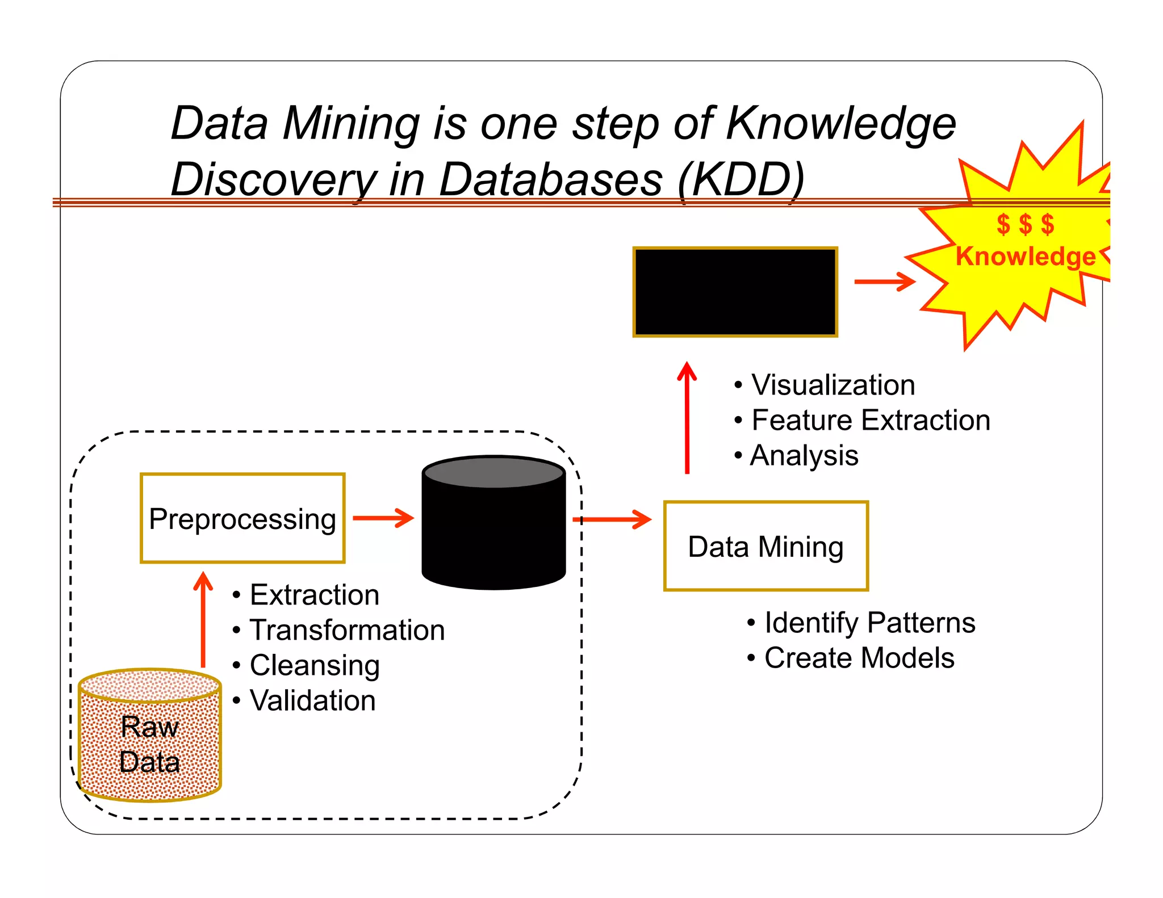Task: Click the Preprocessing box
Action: (x=242, y=518)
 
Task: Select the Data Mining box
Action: (x=765, y=546)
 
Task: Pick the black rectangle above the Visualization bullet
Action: (x=735, y=292)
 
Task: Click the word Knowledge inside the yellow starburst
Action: (x=1025, y=257)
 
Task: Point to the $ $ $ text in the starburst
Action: (x=1025, y=224)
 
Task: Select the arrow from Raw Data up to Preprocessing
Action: (x=203, y=619)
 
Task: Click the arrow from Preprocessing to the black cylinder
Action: (x=383, y=518)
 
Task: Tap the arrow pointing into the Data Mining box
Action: (x=613, y=519)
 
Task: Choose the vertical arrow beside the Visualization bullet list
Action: (x=687, y=417)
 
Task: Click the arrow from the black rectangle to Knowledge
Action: (x=885, y=282)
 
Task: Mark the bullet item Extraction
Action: (x=314, y=595)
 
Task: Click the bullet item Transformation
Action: (x=347, y=630)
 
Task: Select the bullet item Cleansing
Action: (x=314, y=665)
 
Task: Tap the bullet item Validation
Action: (x=312, y=700)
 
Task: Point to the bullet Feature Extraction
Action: (x=871, y=421)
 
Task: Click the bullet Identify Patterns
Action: (x=869, y=623)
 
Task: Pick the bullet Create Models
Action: (x=859, y=658)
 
